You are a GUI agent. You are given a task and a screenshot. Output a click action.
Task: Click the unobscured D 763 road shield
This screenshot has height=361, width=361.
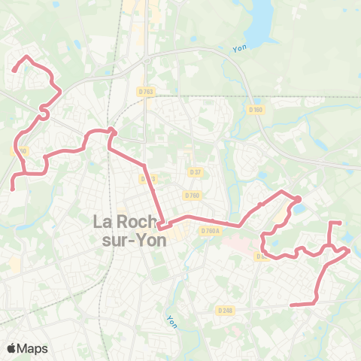[147, 92]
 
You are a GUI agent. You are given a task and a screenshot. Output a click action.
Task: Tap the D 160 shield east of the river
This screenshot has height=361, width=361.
[256, 110]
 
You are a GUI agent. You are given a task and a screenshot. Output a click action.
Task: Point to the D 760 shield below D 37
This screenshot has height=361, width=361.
[192, 196]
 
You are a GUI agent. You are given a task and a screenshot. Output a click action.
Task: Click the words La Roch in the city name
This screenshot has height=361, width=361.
[125, 223]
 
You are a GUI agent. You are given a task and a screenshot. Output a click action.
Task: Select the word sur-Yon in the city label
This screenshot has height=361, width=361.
[129, 242]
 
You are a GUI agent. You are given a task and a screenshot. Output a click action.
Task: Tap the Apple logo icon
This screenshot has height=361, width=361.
[12, 348]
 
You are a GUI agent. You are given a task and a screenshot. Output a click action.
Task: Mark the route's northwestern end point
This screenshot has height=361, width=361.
[13, 71]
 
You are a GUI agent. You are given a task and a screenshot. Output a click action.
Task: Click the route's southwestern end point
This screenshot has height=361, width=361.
[12, 188]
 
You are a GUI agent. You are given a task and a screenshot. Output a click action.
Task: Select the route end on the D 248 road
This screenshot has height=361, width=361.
[291, 305]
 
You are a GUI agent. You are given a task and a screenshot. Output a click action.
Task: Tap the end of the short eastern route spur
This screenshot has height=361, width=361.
[341, 223]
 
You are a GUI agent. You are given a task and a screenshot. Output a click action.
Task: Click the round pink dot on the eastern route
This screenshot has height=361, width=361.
[297, 199]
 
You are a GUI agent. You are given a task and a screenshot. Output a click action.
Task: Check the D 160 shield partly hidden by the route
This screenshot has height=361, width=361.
[20, 151]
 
